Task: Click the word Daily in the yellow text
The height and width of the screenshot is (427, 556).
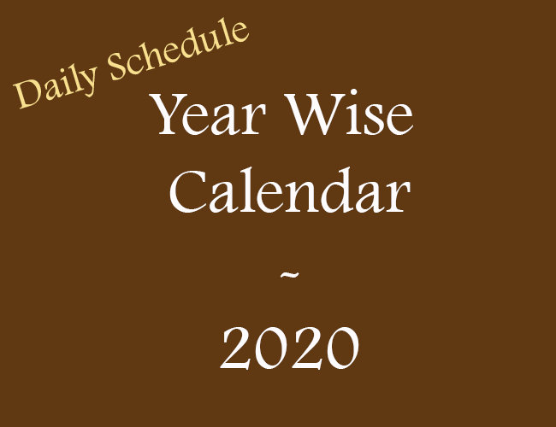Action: pyautogui.click(x=56, y=86)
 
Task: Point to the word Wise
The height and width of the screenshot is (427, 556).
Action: pyautogui.click(x=349, y=114)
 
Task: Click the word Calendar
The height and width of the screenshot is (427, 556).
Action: pyautogui.click(x=290, y=191)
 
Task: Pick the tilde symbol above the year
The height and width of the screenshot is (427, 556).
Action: pyautogui.click(x=290, y=275)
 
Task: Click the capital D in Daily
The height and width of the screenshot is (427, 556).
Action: pyautogui.click(x=27, y=95)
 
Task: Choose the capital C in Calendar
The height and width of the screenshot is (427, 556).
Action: pyautogui.click(x=187, y=191)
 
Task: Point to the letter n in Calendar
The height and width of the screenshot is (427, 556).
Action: pyautogui.click(x=306, y=197)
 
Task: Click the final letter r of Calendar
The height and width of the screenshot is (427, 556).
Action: pyautogui.click(x=399, y=197)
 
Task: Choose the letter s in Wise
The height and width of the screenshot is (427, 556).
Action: pyautogui.click(x=371, y=120)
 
